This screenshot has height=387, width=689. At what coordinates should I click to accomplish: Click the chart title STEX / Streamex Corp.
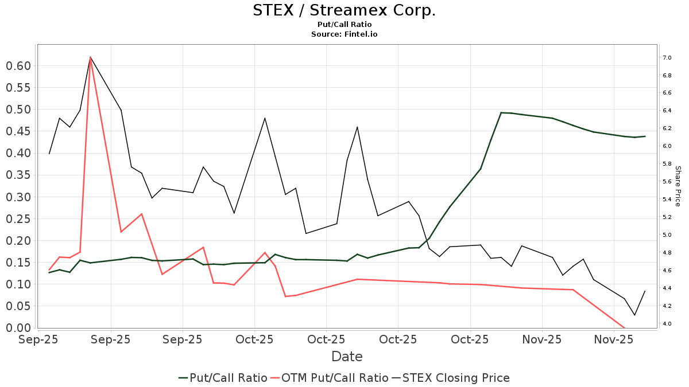click(344, 10)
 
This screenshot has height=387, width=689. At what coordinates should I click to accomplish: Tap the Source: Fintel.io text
click(344, 34)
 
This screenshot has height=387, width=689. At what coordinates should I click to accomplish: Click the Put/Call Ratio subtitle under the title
click(344, 25)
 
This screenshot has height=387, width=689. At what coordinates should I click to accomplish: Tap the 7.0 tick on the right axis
click(667, 58)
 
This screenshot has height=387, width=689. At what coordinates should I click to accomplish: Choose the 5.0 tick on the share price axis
click(667, 235)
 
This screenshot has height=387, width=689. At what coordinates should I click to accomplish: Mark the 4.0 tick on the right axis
click(667, 324)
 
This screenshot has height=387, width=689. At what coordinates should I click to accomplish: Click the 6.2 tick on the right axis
click(667, 128)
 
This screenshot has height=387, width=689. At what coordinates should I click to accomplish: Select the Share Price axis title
click(678, 186)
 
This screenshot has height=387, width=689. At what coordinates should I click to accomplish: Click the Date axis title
click(347, 357)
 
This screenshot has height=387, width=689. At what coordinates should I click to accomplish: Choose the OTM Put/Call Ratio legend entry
click(330, 378)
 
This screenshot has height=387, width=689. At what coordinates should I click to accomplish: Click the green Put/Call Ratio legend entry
click(223, 378)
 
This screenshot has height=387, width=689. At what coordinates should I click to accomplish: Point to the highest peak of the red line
click(91, 57)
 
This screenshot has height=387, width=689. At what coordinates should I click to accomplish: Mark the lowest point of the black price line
click(634, 315)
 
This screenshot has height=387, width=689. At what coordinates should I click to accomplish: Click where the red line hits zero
click(624, 328)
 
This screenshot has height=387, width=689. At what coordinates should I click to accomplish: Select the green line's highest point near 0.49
click(501, 112)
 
